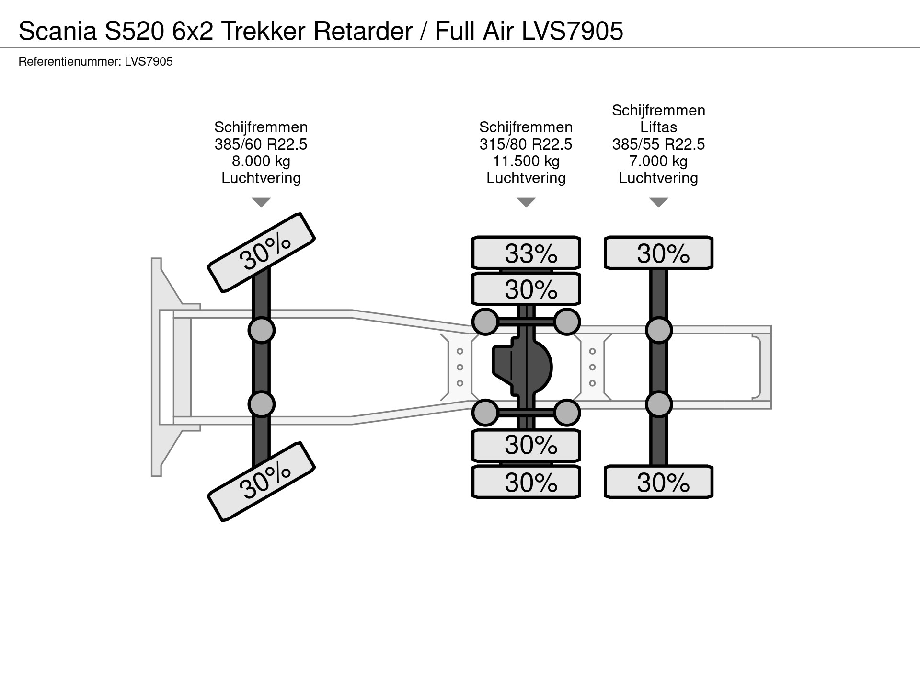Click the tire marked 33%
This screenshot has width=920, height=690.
coord(526,253)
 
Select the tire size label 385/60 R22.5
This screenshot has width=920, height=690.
coord(261,144)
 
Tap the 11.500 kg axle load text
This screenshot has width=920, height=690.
coord(526,161)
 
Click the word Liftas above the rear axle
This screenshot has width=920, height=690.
coord(658,127)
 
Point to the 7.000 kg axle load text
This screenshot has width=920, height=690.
coord(658,161)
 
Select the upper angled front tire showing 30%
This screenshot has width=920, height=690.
coord(261,253)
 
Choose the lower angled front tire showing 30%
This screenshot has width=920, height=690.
coord(261,481)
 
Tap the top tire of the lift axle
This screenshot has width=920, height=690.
coord(658,253)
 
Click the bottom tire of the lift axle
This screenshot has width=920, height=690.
coord(658,482)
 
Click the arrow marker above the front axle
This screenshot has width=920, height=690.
coord(261,202)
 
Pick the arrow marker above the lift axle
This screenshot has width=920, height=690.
coord(658,202)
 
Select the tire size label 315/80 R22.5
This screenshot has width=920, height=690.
coord(526,144)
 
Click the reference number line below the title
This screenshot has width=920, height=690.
coord(95,62)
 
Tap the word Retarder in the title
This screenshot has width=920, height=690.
coord(363,32)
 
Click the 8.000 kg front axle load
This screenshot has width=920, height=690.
coord(261,161)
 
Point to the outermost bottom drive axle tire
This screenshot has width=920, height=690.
coord(526,482)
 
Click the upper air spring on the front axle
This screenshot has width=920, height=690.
coord(261,330)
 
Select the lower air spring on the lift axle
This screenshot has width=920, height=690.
coord(658,404)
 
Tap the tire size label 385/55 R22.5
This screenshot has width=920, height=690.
coord(658,144)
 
